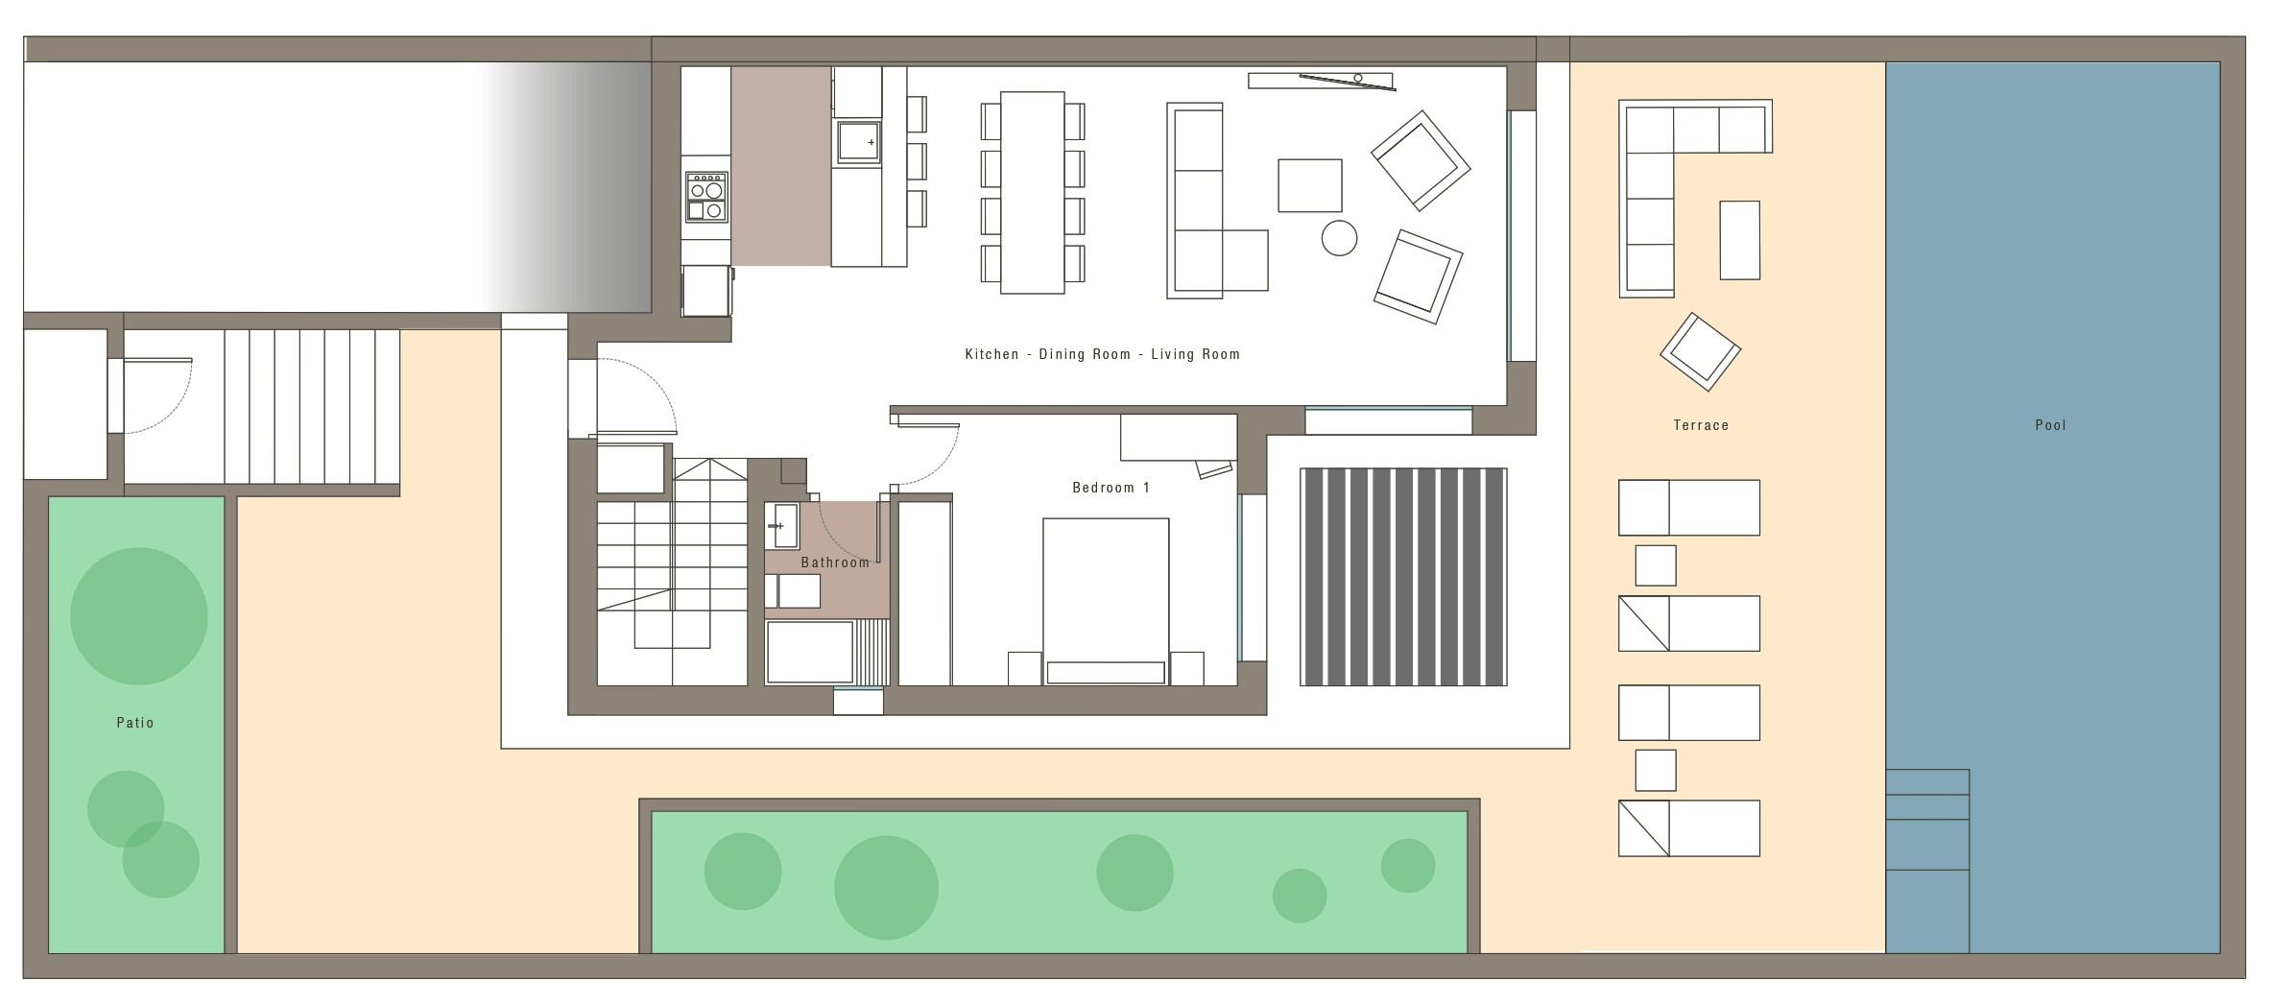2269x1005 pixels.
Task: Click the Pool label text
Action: tap(2050, 425)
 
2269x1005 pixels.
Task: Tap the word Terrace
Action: tap(1701, 425)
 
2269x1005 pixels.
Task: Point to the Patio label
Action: tap(135, 723)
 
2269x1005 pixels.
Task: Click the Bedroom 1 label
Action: tap(1111, 488)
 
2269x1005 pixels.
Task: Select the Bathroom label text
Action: tap(835, 562)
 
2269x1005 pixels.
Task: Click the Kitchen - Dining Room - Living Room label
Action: tap(1102, 354)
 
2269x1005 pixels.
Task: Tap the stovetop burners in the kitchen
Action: tap(706, 197)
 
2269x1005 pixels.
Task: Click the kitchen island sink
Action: tap(858, 142)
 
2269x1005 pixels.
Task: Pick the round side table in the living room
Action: tap(1339, 238)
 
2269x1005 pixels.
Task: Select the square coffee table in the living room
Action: tap(1309, 185)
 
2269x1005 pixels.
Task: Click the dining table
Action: tap(1032, 192)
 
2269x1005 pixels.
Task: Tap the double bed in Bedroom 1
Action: tap(1106, 602)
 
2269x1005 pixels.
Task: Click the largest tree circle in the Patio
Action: tap(139, 616)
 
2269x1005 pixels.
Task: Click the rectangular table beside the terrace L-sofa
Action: tap(1739, 240)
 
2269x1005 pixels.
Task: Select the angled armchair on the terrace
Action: tap(1700, 351)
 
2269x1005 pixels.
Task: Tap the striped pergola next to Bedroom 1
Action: tap(1403, 577)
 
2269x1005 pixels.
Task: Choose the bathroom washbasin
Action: tap(782, 526)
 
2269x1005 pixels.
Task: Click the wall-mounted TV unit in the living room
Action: tap(1321, 81)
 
